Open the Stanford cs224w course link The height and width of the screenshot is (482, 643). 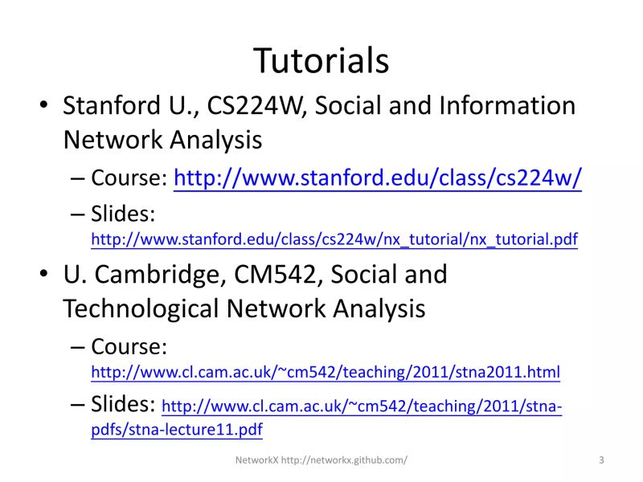[378, 178]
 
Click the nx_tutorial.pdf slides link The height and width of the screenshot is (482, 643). [334, 239]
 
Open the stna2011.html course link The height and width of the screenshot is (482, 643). [326, 373]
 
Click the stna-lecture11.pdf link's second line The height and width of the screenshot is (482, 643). [177, 430]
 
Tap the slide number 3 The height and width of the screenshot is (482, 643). [601, 460]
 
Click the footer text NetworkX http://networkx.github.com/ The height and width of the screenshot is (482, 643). [321, 460]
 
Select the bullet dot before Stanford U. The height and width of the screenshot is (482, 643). [45, 107]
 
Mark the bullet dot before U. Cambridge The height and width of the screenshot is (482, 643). [45, 276]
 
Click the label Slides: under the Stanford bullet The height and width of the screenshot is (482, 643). [122, 214]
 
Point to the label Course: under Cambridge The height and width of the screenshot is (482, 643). [129, 347]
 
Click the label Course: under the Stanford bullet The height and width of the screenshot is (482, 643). [129, 178]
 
